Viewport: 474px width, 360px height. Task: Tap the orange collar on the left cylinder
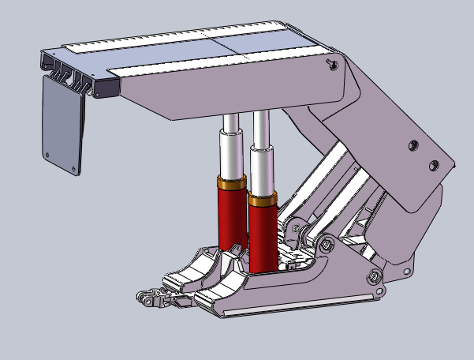231,184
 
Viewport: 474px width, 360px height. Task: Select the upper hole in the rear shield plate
412,145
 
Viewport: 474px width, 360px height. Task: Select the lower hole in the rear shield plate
432,165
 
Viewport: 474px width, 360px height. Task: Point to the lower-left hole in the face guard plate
49,154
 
